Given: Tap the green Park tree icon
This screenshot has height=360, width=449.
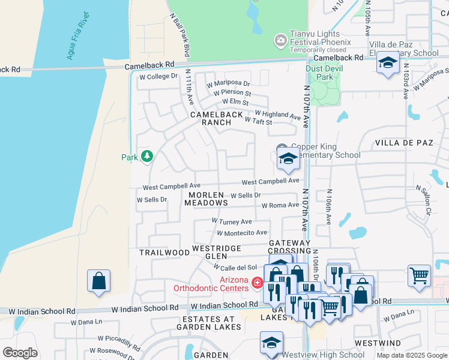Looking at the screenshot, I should point(146,157).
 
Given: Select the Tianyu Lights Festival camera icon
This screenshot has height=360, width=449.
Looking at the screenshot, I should point(280,41).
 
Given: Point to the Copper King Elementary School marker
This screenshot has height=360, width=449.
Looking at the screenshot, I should point(288,160).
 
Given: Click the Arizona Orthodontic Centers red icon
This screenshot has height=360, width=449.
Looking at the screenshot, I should point(257,282).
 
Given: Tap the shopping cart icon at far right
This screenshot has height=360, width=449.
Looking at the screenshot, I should point(419,275).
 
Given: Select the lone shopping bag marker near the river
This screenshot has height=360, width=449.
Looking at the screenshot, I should point(98,281).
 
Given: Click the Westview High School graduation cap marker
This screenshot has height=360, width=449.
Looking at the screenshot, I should point(271,343).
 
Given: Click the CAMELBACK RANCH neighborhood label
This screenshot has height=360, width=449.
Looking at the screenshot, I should point(217,118).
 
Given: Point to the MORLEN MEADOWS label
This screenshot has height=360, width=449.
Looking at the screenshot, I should point(206,199).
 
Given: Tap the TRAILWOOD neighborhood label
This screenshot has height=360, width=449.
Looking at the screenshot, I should point(164,253).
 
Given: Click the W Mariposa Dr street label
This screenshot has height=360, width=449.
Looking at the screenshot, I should point(228,83).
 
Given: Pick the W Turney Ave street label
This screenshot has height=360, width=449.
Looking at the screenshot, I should point(232,221).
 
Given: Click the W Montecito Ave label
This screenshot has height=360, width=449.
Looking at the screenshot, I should point(242,233).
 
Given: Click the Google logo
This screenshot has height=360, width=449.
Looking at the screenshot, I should point(20,353).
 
